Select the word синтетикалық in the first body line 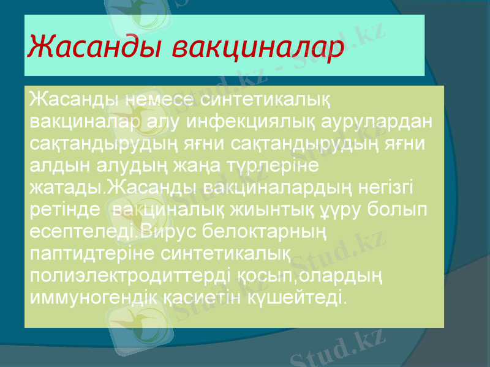(266, 99)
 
